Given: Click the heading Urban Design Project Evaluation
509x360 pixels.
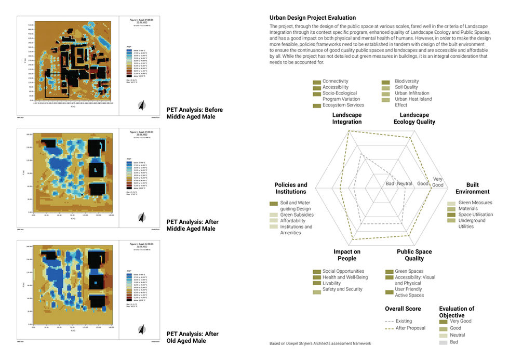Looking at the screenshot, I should (x=313, y=18).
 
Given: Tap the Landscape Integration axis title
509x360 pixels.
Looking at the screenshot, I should (x=347, y=118).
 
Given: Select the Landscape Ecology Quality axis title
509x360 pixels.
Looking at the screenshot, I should (x=414, y=118).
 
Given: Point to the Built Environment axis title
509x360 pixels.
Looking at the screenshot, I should (x=472, y=188).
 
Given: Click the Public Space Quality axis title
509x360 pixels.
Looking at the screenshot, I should (x=414, y=255).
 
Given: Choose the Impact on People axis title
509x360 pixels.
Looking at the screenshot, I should (x=347, y=255).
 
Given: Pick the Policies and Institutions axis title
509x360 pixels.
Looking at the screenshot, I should (x=291, y=188).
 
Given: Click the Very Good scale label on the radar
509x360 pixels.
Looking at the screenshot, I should (x=438, y=182).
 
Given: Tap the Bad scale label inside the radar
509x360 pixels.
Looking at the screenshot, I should (x=390, y=184).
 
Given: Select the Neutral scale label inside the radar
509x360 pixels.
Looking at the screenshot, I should (x=405, y=184).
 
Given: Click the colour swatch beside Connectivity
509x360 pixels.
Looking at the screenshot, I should (x=316, y=82).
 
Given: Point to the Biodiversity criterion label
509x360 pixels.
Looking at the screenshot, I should (x=407, y=82).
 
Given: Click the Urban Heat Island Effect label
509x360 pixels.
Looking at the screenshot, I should (x=413, y=102).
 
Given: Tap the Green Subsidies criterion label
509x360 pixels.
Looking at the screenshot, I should (x=297, y=215).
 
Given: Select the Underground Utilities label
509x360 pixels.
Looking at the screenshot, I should (x=472, y=223).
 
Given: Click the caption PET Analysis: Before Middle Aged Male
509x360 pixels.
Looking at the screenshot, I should (x=191, y=113).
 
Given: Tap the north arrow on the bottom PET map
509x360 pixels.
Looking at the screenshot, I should (x=141, y=329).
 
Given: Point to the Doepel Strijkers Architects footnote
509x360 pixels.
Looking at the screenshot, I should (x=320, y=344).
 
